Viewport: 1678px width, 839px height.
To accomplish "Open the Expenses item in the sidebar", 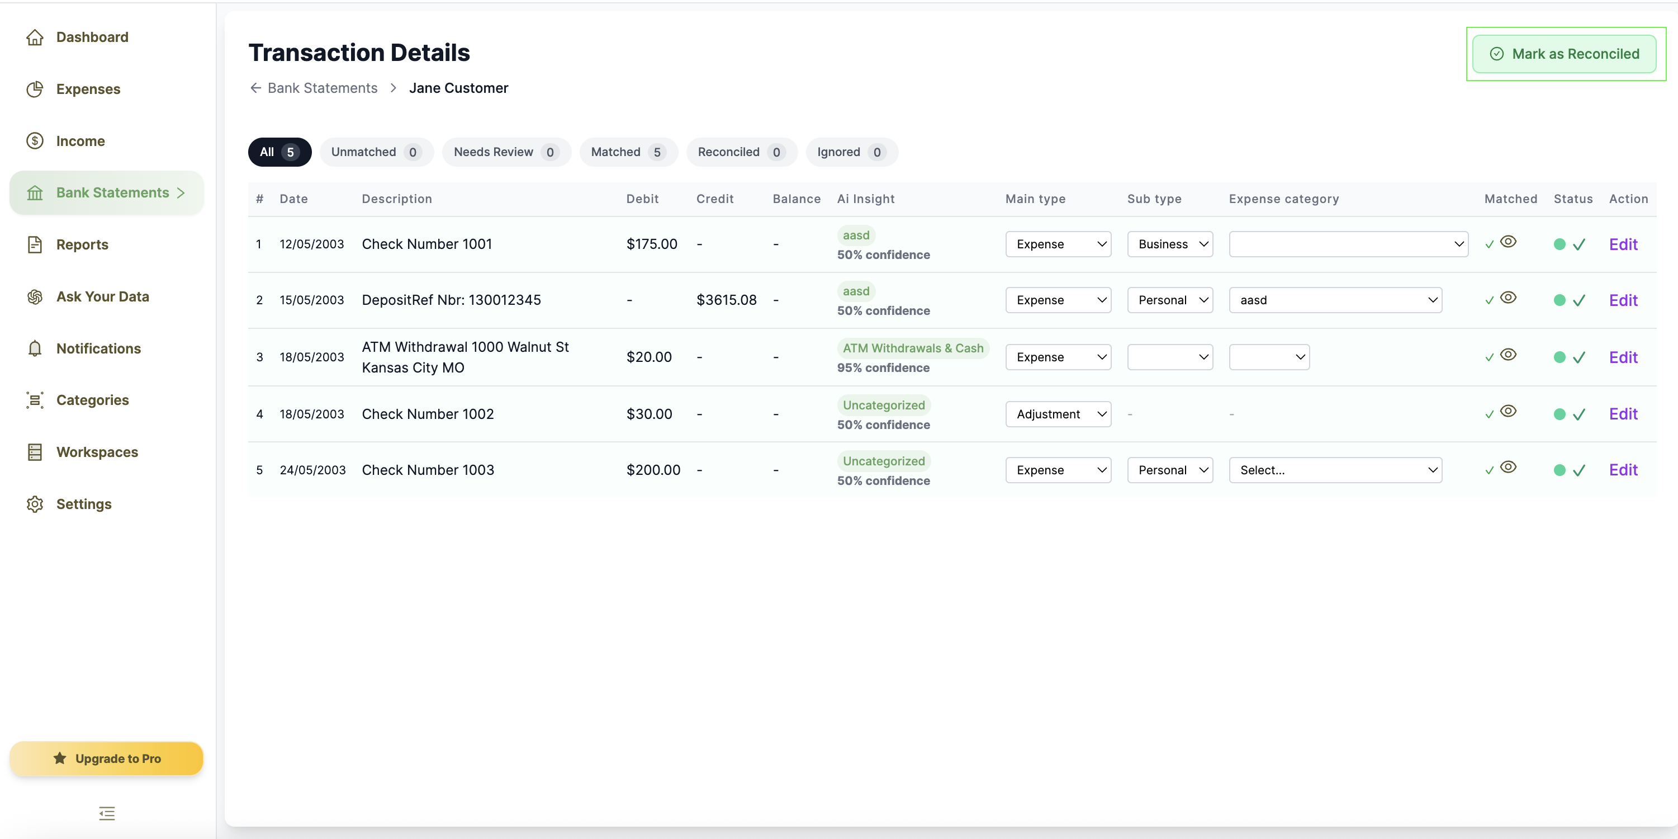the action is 88,89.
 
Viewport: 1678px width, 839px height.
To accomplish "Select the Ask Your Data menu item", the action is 102,296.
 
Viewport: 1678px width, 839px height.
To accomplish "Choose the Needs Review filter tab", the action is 506,152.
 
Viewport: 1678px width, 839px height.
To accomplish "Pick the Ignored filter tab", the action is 851,152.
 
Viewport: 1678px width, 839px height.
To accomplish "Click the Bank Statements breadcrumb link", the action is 323,88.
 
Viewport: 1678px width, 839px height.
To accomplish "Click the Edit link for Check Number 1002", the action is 1623,414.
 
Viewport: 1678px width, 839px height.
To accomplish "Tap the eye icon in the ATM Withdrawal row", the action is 1508,355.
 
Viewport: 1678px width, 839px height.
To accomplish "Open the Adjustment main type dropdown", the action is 1058,414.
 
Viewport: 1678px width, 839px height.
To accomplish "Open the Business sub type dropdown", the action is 1170,244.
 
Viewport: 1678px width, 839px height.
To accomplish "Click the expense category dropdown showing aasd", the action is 1335,300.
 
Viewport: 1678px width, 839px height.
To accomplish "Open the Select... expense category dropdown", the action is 1335,470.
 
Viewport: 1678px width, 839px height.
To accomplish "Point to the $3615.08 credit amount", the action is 726,300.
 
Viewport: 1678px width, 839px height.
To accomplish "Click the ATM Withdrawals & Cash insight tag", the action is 913,348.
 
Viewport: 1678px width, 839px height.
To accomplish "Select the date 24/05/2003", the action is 312,470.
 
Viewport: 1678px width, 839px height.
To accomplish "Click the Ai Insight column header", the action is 866,199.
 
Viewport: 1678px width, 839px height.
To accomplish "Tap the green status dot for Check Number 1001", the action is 1560,244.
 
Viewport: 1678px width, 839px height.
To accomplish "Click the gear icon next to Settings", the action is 35,504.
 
